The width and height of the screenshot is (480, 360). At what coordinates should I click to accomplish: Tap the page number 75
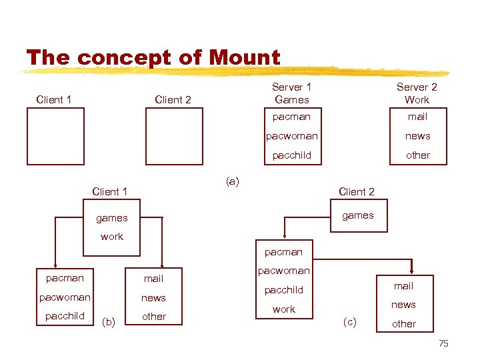click(444, 343)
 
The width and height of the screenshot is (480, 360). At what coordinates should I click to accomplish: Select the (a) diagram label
click(233, 181)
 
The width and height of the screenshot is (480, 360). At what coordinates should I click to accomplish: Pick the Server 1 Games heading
click(291, 93)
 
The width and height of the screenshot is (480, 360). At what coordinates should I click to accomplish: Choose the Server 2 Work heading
click(417, 93)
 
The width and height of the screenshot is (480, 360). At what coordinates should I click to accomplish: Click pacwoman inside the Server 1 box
click(291, 136)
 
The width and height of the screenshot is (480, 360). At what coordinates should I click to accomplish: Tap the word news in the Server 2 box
click(417, 136)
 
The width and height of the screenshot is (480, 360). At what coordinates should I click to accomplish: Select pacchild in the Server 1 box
click(291, 155)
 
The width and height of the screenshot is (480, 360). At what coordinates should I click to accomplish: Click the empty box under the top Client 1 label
click(55, 136)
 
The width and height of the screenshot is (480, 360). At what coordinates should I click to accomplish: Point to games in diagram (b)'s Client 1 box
click(111, 218)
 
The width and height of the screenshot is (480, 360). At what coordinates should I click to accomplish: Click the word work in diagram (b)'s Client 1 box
click(111, 237)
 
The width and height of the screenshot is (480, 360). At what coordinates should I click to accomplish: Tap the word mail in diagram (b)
click(153, 279)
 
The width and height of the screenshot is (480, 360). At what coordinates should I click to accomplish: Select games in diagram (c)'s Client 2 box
click(358, 215)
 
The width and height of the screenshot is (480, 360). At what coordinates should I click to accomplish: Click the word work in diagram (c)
click(284, 309)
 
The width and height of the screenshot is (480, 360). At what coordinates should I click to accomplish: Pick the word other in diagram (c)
click(403, 324)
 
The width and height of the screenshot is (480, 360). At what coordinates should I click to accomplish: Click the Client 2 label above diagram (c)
click(357, 192)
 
